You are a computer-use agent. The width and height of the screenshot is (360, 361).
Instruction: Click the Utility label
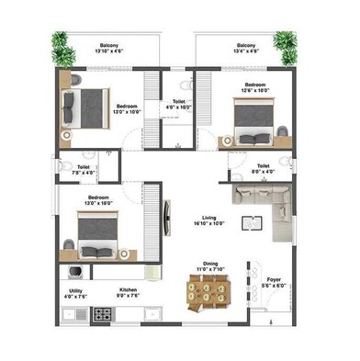(75, 292)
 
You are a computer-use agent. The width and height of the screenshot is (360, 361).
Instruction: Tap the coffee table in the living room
(251, 222)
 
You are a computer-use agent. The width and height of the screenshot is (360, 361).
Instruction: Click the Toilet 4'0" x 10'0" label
(179, 104)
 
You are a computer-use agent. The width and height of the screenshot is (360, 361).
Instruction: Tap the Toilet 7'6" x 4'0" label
(84, 170)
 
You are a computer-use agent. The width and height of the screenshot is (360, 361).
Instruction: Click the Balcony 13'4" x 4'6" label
(245, 49)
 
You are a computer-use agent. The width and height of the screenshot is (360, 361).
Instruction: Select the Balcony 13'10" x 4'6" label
(108, 49)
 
